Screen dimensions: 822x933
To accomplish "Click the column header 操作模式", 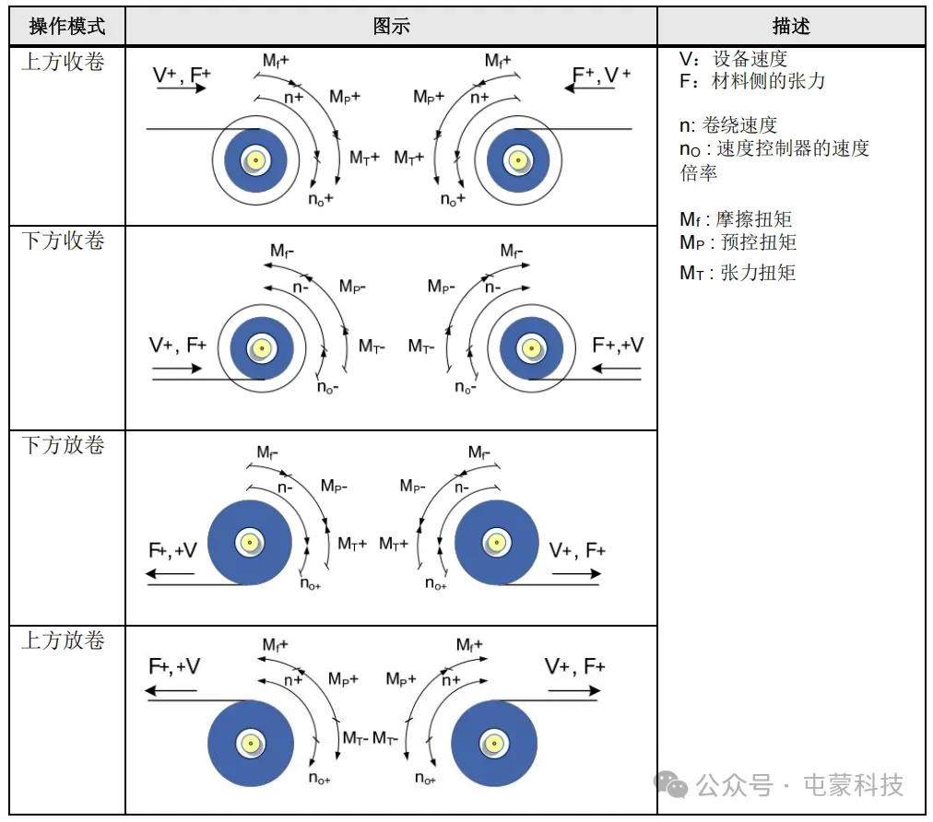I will tap(66, 27).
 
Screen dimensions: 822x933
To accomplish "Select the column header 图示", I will tap(391, 27).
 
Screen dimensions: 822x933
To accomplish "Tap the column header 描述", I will tap(790, 27).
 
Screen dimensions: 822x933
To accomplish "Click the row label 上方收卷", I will tap(63, 63).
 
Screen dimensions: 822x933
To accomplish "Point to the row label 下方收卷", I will tap(63, 241).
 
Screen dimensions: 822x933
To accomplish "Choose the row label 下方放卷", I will tap(63, 446).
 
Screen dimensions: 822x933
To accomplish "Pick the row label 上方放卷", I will tap(63, 641).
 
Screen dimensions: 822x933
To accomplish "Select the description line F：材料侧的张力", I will tap(752, 82).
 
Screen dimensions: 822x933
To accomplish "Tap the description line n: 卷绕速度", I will tap(728, 126).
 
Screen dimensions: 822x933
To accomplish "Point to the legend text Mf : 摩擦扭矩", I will tap(736, 220).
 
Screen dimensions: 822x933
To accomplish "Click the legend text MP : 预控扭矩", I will tap(738, 243).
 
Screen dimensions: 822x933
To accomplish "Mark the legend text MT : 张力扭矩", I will tap(738, 273).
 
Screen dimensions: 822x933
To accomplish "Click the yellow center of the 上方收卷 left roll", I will tap(255, 160).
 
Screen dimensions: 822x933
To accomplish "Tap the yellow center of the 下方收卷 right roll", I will tap(530, 348).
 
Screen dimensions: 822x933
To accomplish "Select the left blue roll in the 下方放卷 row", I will tap(249, 543).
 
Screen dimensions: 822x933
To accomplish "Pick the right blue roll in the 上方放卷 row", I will tap(494, 743).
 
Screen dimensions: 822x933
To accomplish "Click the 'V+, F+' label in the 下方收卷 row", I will tap(178, 346).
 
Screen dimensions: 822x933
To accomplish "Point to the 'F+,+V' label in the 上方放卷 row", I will tap(174, 666).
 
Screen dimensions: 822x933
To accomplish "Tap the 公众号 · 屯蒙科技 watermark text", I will tap(798, 785).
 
